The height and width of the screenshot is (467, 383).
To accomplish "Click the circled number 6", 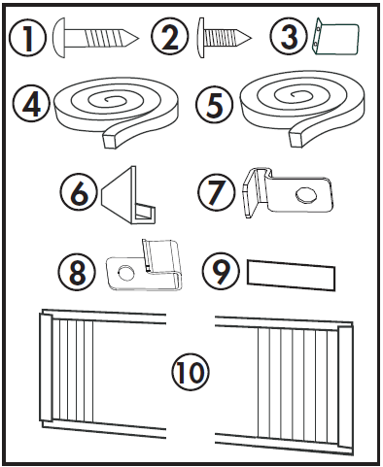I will pos(76,191).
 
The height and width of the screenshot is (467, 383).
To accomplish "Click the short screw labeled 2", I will pos(226,41).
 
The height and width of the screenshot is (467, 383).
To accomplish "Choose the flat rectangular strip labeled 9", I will pos(290,274).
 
